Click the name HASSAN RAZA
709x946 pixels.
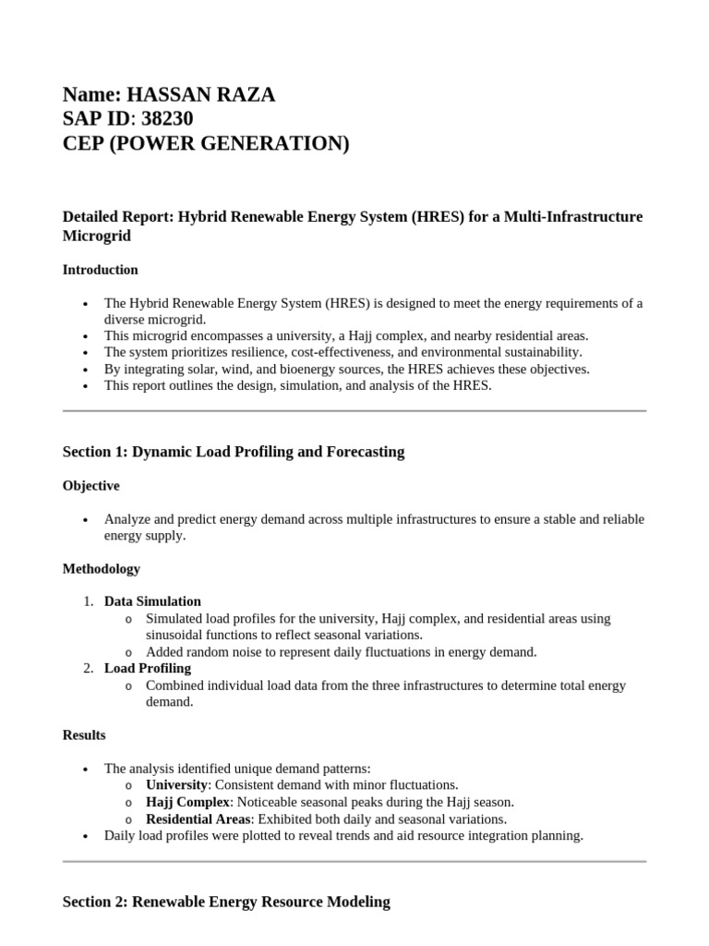[200, 94]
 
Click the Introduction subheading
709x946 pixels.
[101, 270]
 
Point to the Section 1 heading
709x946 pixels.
[234, 452]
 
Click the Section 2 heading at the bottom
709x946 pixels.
[226, 901]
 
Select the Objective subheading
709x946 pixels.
[90, 485]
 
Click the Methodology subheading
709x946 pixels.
[102, 568]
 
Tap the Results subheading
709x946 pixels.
[84, 734]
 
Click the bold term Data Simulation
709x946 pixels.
[152, 600]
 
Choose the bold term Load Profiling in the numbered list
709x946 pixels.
[148, 668]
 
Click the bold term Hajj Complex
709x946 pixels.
[187, 802]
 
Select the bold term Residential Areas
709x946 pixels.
[198, 819]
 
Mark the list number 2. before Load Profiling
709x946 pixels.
[89, 668]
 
